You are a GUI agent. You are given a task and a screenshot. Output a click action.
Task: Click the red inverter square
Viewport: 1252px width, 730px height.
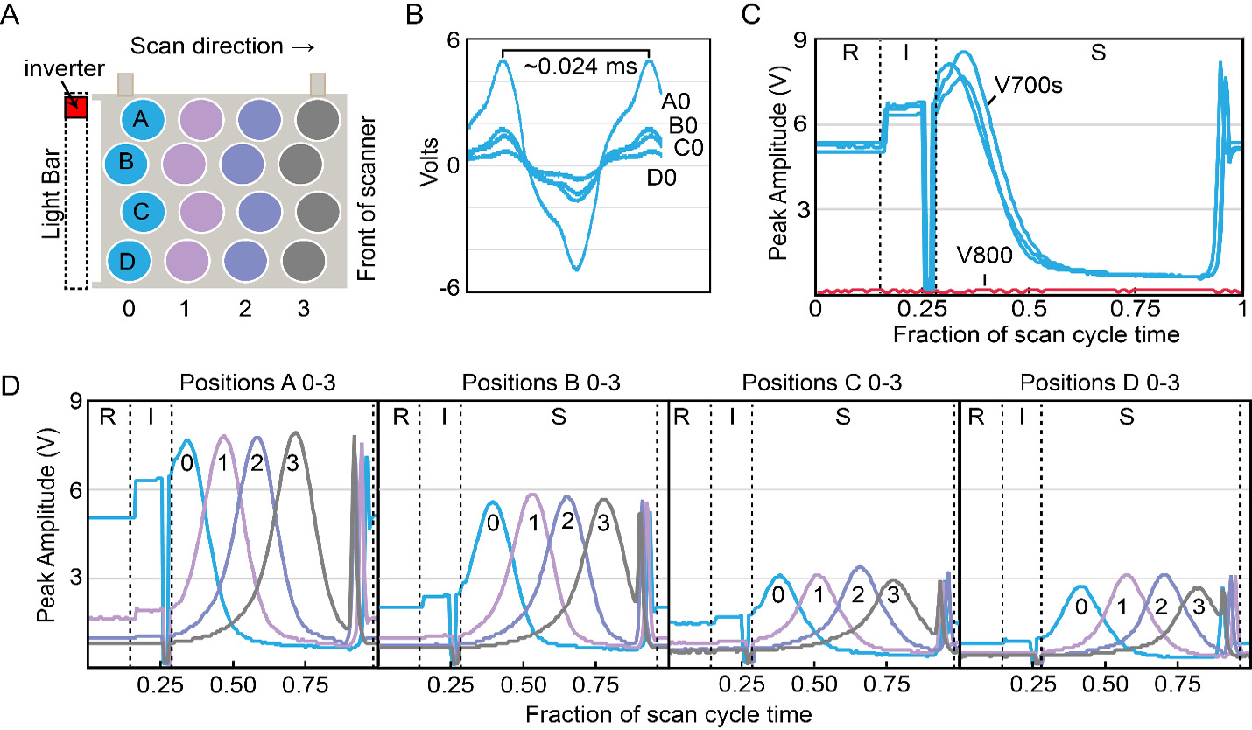[x=76, y=108]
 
